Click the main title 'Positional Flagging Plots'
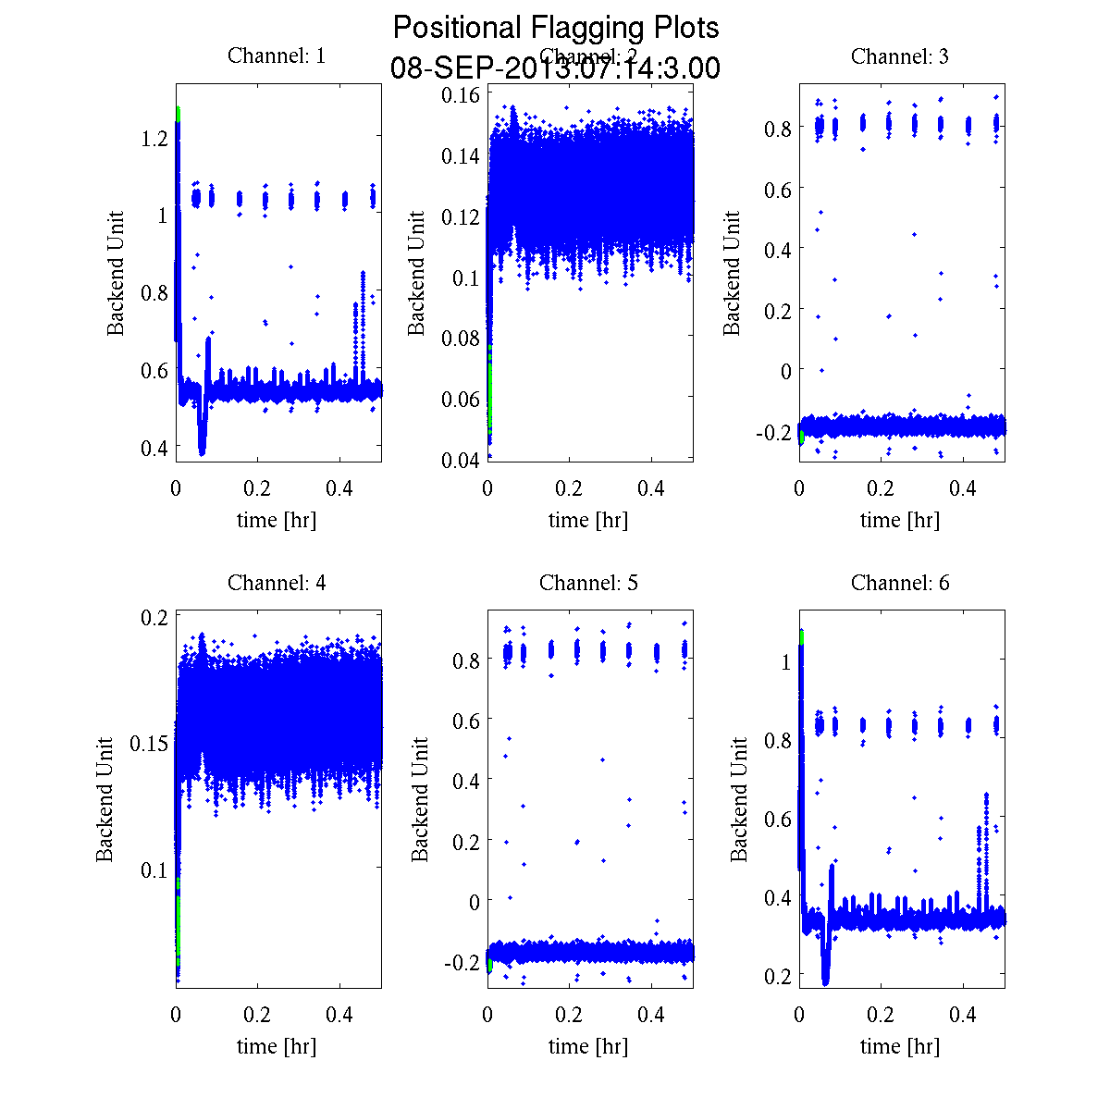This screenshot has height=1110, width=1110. point(556,28)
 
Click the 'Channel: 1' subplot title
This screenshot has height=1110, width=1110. point(277,56)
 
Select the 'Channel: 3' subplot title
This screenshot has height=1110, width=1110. point(899,56)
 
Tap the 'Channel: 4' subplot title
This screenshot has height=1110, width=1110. point(277,583)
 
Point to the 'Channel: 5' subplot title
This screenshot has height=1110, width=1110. point(588,583)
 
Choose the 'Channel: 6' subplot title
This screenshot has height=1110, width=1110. point(899,583)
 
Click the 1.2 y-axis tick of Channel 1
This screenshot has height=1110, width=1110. point(154,138)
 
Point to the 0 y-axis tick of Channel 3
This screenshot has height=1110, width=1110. point(786,371)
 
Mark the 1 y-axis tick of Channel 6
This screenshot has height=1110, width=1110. point(785,662)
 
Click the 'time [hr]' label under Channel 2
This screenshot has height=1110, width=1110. point(588,520)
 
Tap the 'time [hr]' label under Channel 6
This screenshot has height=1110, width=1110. point(899,1046)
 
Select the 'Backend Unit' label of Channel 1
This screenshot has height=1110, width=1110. point(116,274)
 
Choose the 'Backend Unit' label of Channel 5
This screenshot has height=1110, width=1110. point(421,800)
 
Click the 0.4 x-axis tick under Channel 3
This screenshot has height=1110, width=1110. point(964,488)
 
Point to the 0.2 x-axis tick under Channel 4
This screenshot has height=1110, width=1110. point(258,1015)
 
